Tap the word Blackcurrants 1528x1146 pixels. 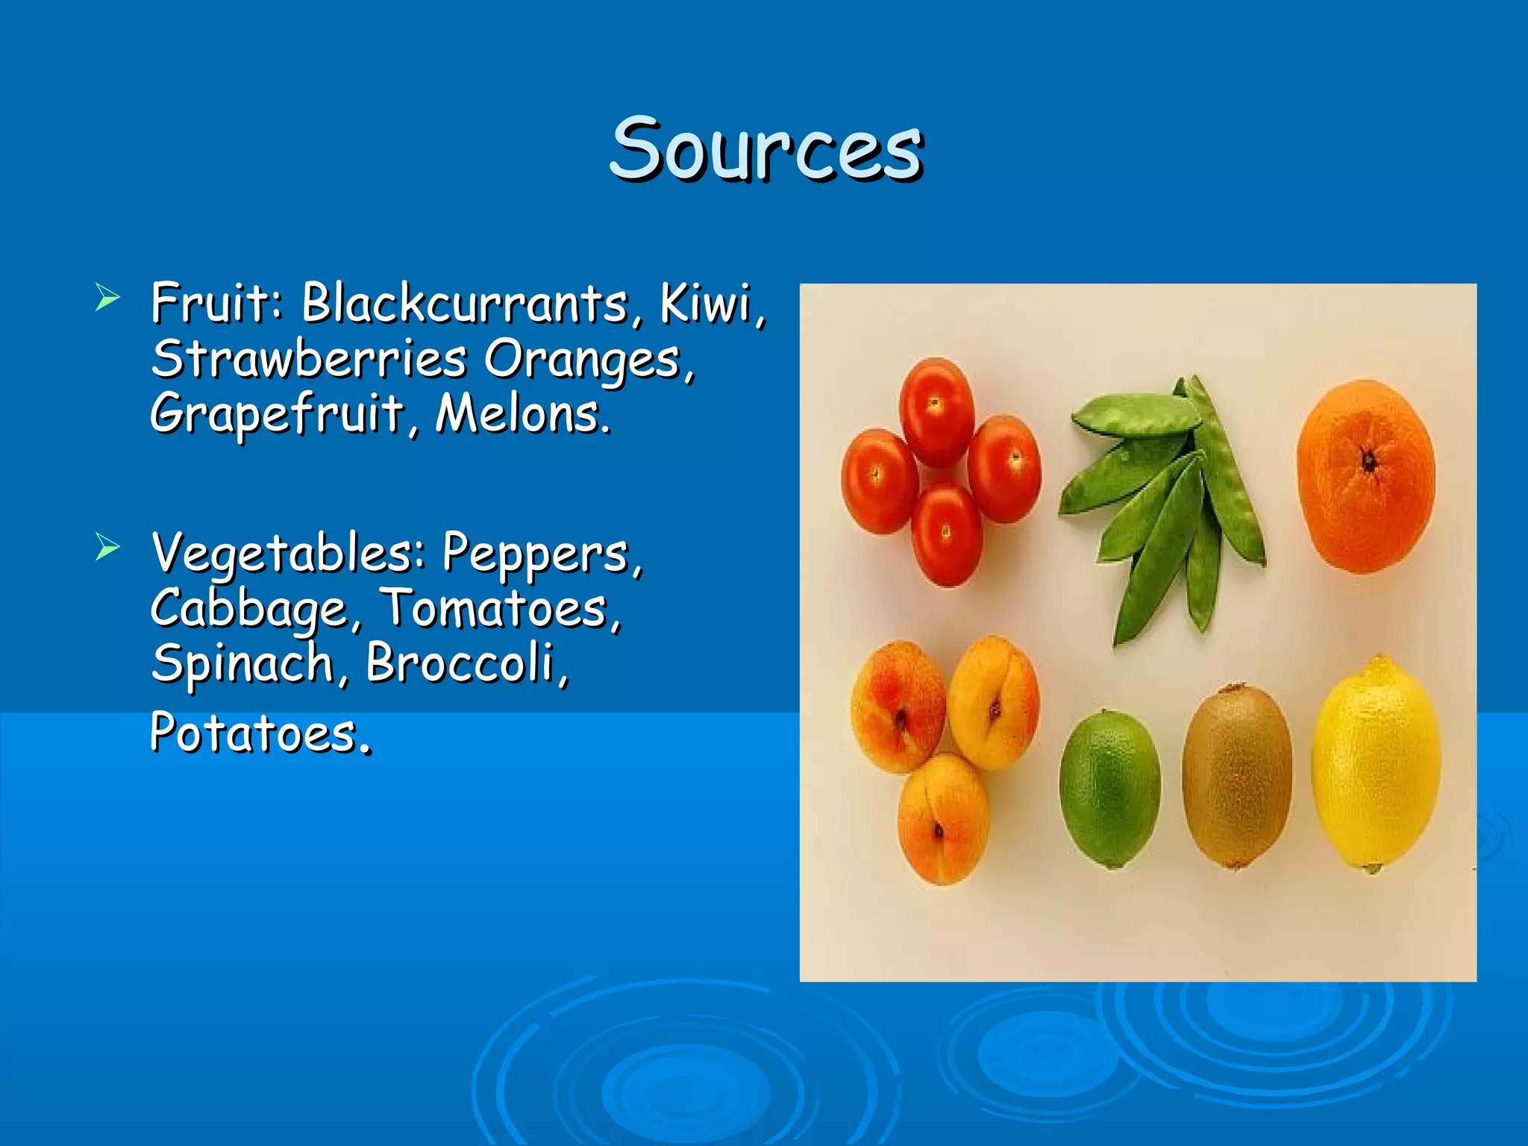click(464, 304)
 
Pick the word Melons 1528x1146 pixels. click(521, 415)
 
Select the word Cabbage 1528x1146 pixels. click(249, 610)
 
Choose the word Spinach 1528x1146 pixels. click(242, 664)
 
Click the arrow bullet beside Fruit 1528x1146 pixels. click(107, 298)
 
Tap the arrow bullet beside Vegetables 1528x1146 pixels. click(107, 548)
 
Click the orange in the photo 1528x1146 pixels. click(1365, 476)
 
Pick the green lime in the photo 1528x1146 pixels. click(1109, 789)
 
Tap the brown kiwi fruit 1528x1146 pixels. click(1237, 776)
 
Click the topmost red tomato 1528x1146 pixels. click(936, 411)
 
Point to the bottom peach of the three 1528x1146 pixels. click(943, 819)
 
